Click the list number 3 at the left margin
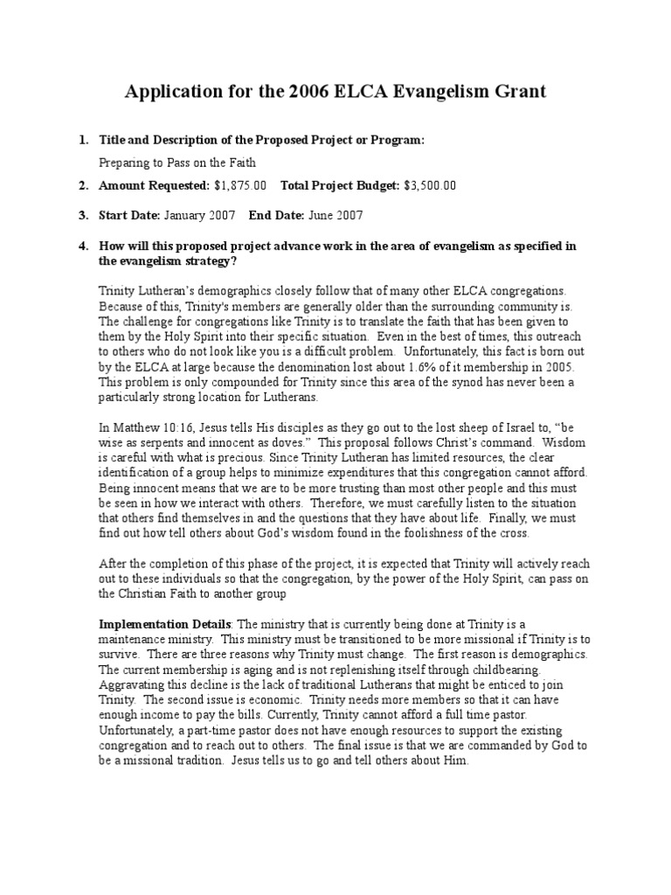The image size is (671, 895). (83, 215)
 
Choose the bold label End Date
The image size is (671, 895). (276, 215)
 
